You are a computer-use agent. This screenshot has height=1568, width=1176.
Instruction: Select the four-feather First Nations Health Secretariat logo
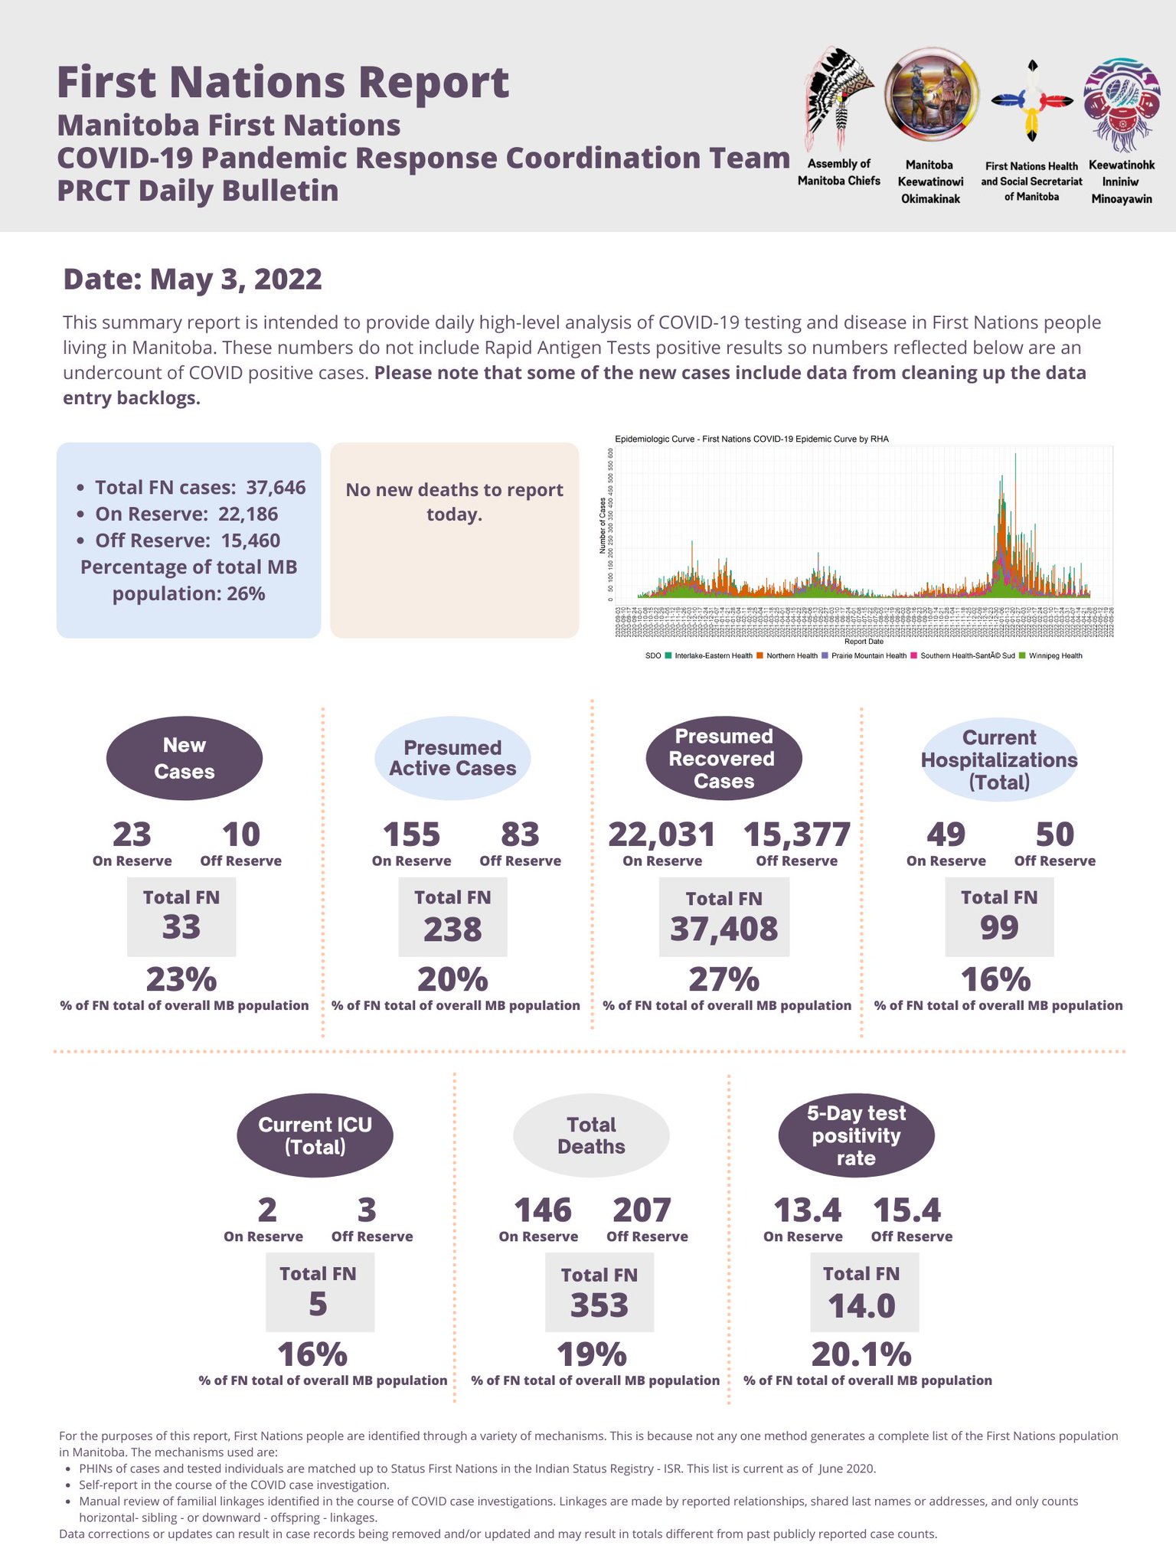(x=1032, y=101)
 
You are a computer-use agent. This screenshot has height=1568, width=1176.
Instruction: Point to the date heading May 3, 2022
(x=192, y=279)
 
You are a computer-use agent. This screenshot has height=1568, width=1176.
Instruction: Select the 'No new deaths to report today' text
(x=454, y=501)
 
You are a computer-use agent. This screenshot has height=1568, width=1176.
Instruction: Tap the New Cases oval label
(x=184, y=758)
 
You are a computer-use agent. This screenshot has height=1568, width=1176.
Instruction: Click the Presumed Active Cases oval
(x=452, y=758)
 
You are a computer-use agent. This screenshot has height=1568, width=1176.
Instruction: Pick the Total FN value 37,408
(x=724, y=929)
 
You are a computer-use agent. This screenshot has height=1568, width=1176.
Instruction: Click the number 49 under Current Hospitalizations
(x=946, y=835)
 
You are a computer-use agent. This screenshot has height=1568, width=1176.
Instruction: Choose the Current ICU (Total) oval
(x=315, y=1135)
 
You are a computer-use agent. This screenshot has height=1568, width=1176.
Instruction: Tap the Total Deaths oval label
(x=591, y=1135)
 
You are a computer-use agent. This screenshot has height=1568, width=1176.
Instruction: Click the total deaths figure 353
(x=599, y=1305)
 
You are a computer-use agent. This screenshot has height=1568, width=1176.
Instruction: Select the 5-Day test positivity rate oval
(x=856, y=1135)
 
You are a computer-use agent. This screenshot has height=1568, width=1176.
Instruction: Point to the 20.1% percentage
(x=861, y=1354)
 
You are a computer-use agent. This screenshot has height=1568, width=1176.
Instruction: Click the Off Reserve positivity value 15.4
(x=906, y=1210)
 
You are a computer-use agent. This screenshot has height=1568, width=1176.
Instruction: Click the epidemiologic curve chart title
(x=751, y=439)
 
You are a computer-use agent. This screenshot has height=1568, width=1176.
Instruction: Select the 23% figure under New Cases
(x=181, y=979)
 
